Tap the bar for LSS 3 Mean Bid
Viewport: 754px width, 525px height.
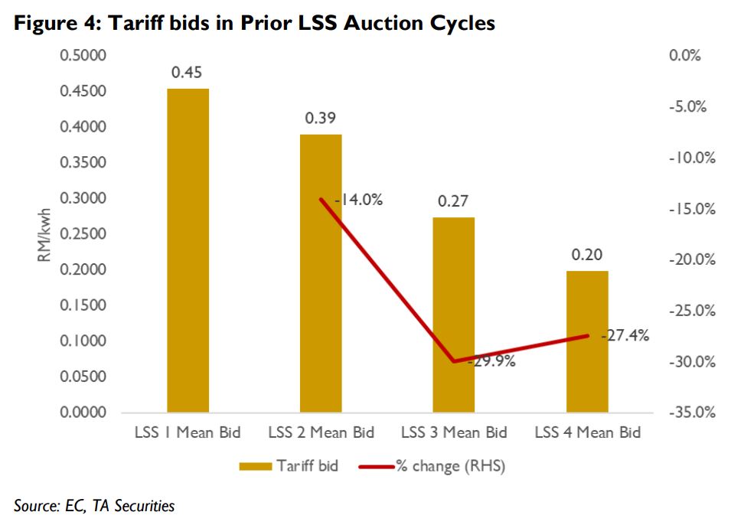point(454,315)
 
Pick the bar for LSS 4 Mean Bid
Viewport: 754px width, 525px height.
point(587,341)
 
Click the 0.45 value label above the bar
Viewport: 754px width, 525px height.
point(187,73)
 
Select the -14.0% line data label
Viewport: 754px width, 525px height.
point(353,201)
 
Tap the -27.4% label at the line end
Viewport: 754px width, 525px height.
point(625,335)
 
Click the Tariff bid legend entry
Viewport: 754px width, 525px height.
point(289,465)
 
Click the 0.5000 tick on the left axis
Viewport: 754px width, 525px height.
point(84,56)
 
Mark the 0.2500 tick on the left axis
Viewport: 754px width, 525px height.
point(84,234)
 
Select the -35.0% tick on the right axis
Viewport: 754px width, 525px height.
point(691,413)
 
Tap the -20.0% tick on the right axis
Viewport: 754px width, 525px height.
point(691,260)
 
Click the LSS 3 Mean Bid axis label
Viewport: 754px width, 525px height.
point(454,433)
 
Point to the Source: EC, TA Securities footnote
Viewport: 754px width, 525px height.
point(94,506)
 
